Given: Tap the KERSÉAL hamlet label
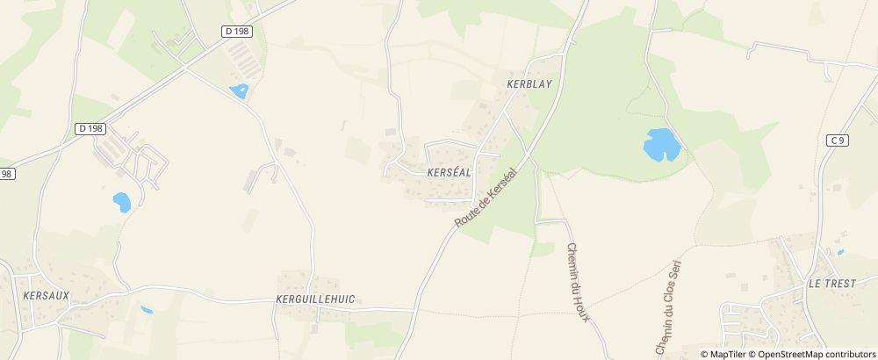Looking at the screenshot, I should tap(450, 173).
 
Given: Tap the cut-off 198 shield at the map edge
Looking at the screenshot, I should tap(7, 174).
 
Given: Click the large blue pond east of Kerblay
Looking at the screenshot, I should tap(661, 144).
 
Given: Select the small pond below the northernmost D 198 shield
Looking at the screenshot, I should tap(239, 90).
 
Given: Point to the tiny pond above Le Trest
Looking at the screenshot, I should tap(840, 253).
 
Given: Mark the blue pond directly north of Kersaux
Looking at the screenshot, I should tap(121, 203).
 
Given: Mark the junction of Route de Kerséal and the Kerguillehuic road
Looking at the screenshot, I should tap(415, 309).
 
